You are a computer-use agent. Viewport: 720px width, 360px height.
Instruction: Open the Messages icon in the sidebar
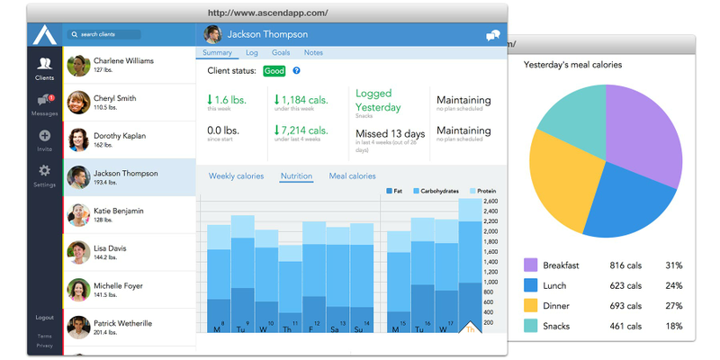click(44, 101)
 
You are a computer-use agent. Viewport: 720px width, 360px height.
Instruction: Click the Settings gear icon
click(44, 171)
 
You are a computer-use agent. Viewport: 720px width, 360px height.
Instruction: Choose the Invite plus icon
click(44, 136)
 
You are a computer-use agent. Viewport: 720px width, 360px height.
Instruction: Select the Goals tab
click(281, 54)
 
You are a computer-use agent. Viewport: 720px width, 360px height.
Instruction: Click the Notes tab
click(313, 54)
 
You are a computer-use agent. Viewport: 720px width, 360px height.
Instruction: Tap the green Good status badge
click(274, 70)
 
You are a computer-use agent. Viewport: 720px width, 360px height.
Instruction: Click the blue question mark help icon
click(296, 70)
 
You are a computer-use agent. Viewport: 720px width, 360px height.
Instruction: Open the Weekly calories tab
click(236, 175)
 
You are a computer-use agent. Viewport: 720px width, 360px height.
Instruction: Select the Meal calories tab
click(352, 175)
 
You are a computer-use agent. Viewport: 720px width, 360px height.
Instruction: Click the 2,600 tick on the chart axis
click(490, 201)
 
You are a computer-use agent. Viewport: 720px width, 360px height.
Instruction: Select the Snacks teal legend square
click(531, 326)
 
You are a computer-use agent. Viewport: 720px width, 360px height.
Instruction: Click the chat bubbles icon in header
click(492, 35)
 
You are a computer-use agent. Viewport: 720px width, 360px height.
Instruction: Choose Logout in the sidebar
click(44, 318)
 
